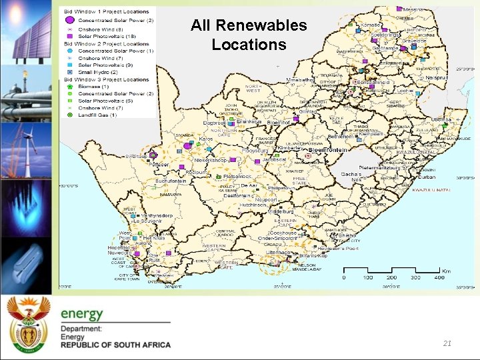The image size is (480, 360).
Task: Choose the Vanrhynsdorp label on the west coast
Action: point(157,215)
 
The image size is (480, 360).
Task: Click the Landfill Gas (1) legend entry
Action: point(97,115)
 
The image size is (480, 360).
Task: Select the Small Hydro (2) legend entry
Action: point(97,72)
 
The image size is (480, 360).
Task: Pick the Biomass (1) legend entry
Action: point(94,87)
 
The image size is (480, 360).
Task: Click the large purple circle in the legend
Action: point(69,21)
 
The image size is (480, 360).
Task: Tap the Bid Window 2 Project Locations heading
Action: point(107,43)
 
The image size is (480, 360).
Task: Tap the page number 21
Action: point(447,343)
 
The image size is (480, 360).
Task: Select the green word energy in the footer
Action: point(82,314)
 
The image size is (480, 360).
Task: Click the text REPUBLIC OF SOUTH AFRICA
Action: point(115,345)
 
